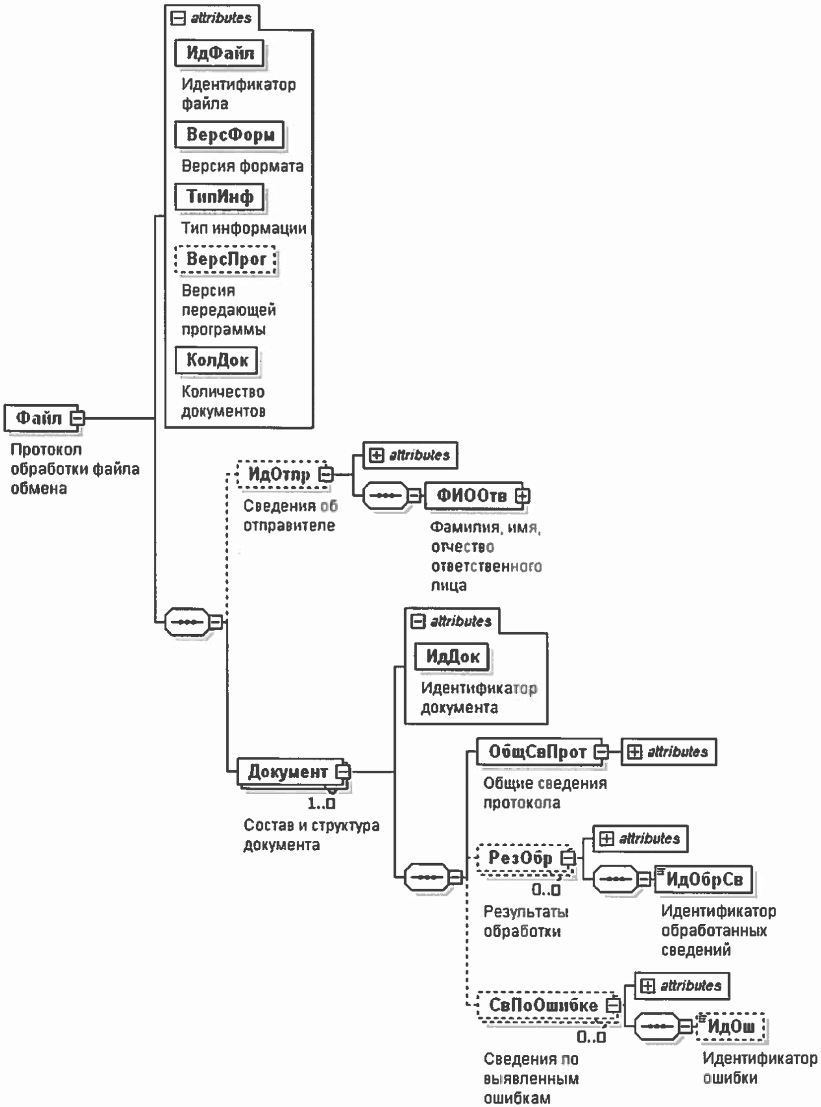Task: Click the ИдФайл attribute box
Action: pyautogui.click(x=219, y=53)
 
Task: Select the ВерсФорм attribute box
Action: pyautogui.click(x=230, y=134)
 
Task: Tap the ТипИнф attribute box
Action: pyautogui.click(x=219, y=197)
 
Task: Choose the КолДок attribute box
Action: pyautogui.click(x=217, y=360)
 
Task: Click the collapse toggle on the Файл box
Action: pyautogui.click(x=77, y=418)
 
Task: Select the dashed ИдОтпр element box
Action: pyautogui.click(x=278, y=474)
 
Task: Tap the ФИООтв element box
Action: pyautogui.click(x=471, y=495)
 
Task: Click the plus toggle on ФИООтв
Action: pyautogui.click(x=522, y=496)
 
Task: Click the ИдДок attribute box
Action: pyautogui.click(x=452, y=657)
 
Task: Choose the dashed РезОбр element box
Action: pyautogui.click(x=520, y=857)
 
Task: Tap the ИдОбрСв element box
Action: pyautogui.click(x=704, y=879)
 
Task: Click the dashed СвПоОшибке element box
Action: pyautogui.click(x=543, y=1005)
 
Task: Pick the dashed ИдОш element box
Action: pyautogui.click(x=731, y=1026)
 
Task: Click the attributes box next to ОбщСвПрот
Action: pyautogui.click(x=669, y=751)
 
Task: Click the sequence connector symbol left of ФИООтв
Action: pyautogui.click(x=386, y=495)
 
